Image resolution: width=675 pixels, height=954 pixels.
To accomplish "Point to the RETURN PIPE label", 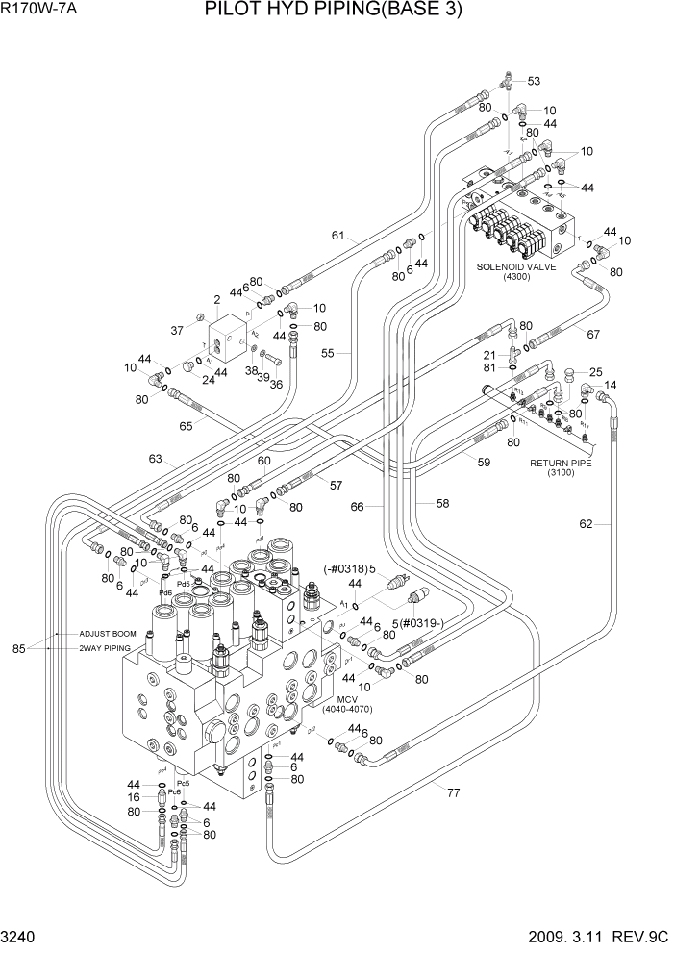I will (560, 463).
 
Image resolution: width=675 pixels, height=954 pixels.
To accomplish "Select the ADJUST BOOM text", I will (108, 635).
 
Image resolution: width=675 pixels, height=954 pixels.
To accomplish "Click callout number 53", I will (533, 81).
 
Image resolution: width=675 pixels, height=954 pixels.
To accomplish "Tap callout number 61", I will (338, 236).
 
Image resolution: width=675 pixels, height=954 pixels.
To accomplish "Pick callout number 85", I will (18, 647).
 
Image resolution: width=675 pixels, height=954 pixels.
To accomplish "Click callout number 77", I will (452, 792).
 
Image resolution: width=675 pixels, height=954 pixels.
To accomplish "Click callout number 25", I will (595, 371).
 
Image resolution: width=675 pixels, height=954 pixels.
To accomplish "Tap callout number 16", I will (134, 797).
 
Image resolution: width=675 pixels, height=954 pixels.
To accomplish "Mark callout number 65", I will (186, 423).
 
